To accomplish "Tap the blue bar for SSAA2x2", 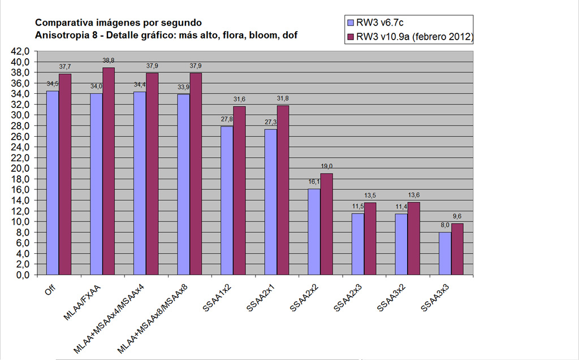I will click(314, 232).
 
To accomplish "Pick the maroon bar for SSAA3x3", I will click(457, 249).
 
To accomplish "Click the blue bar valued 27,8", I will click(227, 201).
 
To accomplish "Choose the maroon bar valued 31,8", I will click(282, 190).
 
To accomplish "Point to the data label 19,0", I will click(327, 166).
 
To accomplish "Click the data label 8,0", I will click(444, 225).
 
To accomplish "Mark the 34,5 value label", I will click(53, 84).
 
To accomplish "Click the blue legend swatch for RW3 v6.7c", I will click(351, 23).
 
